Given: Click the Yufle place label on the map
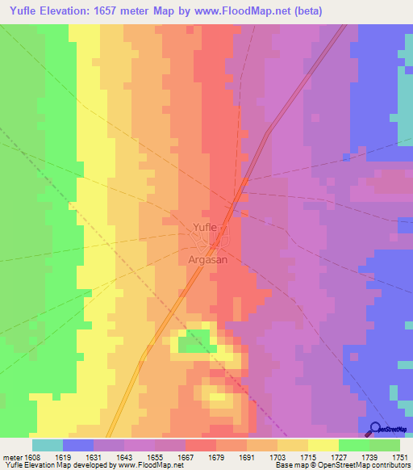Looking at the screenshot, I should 204,227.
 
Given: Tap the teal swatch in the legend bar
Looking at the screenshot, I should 48,445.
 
